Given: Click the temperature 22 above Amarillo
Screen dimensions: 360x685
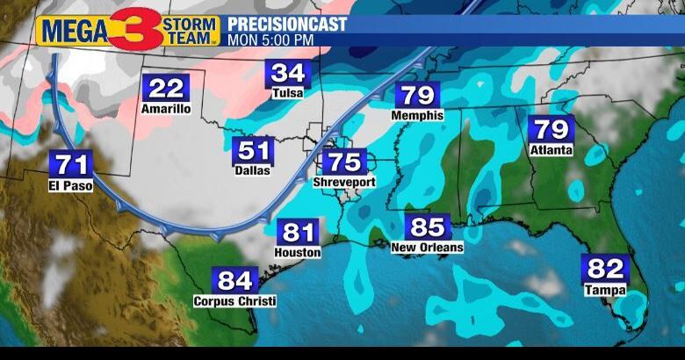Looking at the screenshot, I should pyautogui.click(x=165, y=89).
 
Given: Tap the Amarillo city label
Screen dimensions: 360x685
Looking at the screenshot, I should pyautogui.click(x=165, y=109).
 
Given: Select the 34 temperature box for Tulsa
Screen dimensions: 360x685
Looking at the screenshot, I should pyautogui.click(x=287, y=74).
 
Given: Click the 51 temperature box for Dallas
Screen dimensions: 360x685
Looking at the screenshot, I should pyautogui.click(x=253, y=150).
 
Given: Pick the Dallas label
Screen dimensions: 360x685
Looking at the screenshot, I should pyautogui.click(x=253, y=170).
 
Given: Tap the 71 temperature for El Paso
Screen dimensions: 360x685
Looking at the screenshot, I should pyautogui.click(x=71, y=164).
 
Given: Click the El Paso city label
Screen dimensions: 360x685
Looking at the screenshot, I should pyautogui.click(x=71, y=185).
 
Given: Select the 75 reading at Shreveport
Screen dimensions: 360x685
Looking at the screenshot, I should pyautogui.click(x=344, y=162).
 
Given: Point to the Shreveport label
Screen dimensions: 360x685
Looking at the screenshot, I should pyautogui.click(x=344, y=183).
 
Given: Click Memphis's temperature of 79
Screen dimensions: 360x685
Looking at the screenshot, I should pyautogui.click(x=419, y=95).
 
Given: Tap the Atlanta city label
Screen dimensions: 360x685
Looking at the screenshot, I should pyautogui.click(x=551, y=150).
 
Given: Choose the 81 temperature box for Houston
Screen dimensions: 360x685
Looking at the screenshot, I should pyautogui.click(x=299, y=233).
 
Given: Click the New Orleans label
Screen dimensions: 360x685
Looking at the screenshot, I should pyautogui.click(x=427, y=248).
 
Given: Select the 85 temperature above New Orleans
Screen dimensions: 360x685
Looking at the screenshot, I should pyautogui.click(x=428, y=227).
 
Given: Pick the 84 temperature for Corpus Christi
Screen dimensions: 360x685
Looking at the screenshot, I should pyautogui.click(x=234, y=281).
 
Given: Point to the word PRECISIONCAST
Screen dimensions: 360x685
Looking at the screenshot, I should pyautogui.click(x=286, y=24).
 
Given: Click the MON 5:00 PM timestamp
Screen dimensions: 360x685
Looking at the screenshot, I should pyautogui.click(x=270, y=40).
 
